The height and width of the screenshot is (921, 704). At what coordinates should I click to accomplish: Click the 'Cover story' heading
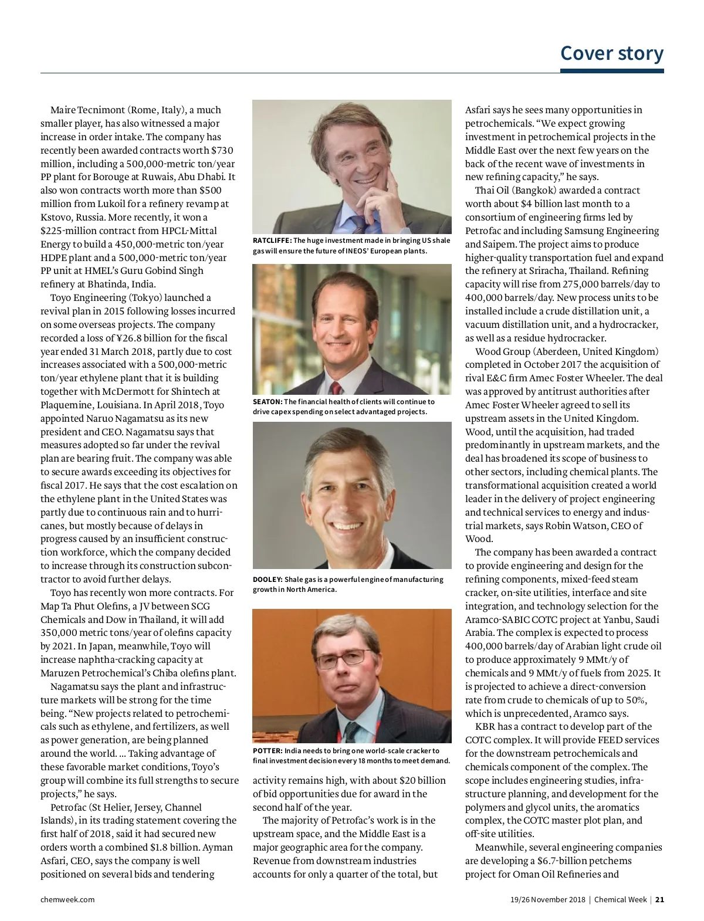coord(611,53)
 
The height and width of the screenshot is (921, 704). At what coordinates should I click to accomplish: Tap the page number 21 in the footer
coord(659,899)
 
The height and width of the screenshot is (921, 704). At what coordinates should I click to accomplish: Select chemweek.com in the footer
coord(67,899)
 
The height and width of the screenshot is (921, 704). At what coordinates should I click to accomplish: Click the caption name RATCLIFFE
coord(272,241)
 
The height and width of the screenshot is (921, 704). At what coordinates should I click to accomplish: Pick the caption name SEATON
coord(267,402)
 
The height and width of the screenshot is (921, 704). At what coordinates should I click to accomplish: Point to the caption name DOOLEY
coord(268,580)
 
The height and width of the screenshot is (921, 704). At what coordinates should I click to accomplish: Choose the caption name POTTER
coord(268,751)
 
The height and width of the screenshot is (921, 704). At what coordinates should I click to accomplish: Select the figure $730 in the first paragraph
coord(222,150)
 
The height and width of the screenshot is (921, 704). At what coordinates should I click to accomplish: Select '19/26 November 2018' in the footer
coord(547,899)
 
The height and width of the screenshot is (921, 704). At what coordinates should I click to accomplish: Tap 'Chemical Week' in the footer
coord(620,899)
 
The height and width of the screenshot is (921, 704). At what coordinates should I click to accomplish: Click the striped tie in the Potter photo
coord(351,732)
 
